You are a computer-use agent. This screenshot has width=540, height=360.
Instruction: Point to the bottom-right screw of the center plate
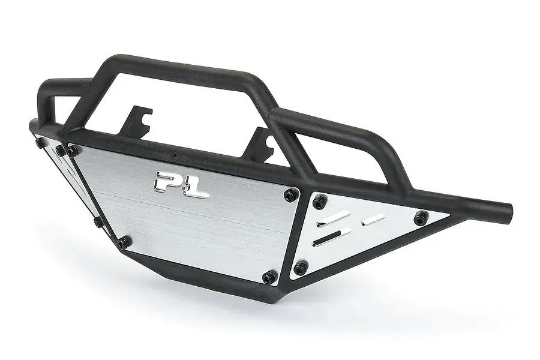point(269,275)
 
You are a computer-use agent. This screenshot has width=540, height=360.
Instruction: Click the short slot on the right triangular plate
point(376,220)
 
